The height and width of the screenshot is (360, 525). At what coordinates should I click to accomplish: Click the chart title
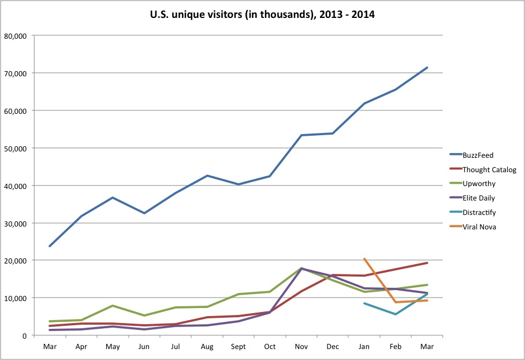262,14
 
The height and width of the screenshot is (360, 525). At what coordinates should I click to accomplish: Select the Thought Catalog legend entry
489,170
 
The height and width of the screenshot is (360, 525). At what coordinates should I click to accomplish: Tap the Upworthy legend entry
479,184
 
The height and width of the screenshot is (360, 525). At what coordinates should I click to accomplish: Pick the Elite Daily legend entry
479,198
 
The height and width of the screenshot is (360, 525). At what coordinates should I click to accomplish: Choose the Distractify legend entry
479,213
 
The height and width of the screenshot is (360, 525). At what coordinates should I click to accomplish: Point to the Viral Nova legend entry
479,227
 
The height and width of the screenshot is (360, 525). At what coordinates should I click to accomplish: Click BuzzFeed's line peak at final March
427,68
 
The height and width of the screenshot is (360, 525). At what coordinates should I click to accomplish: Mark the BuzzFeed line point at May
113,198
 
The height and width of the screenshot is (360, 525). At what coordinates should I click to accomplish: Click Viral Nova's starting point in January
364,259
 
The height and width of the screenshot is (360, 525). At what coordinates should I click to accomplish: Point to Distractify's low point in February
396,314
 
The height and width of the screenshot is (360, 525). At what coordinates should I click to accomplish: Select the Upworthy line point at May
113,306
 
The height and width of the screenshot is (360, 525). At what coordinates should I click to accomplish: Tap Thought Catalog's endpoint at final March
427,263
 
